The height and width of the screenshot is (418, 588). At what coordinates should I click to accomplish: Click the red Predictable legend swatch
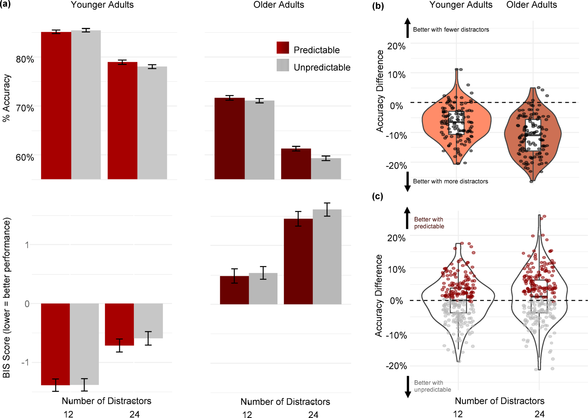click(282, 48)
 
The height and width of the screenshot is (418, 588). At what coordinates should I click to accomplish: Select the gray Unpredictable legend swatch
click(282, 65)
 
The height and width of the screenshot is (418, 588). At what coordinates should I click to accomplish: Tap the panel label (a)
click(5, 4)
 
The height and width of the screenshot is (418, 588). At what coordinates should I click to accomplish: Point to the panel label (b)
click(378, 6)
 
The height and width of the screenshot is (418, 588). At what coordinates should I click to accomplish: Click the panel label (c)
click(377, 196)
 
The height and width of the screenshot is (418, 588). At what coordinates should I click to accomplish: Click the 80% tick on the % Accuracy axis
click(25, 59)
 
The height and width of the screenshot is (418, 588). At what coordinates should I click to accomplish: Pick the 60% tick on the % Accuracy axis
click(25, 157)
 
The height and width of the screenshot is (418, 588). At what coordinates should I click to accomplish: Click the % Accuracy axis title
click(6, 98)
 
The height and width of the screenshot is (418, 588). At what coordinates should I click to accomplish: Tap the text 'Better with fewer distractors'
click(451, 30)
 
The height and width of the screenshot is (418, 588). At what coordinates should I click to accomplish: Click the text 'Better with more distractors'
click(450, 181)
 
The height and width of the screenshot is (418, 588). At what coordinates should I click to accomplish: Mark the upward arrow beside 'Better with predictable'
click(407, 218)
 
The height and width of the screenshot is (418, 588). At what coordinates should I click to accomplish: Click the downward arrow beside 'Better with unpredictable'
click(408, 387)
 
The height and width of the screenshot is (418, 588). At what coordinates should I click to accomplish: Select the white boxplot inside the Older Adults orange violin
click(533, 135)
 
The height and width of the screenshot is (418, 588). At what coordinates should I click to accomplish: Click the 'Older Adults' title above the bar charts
click(279, 5)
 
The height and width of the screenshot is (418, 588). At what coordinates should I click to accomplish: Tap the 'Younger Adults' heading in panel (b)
click(461, 5)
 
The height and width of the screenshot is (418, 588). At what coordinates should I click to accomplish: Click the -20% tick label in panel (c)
click(396, 366)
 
